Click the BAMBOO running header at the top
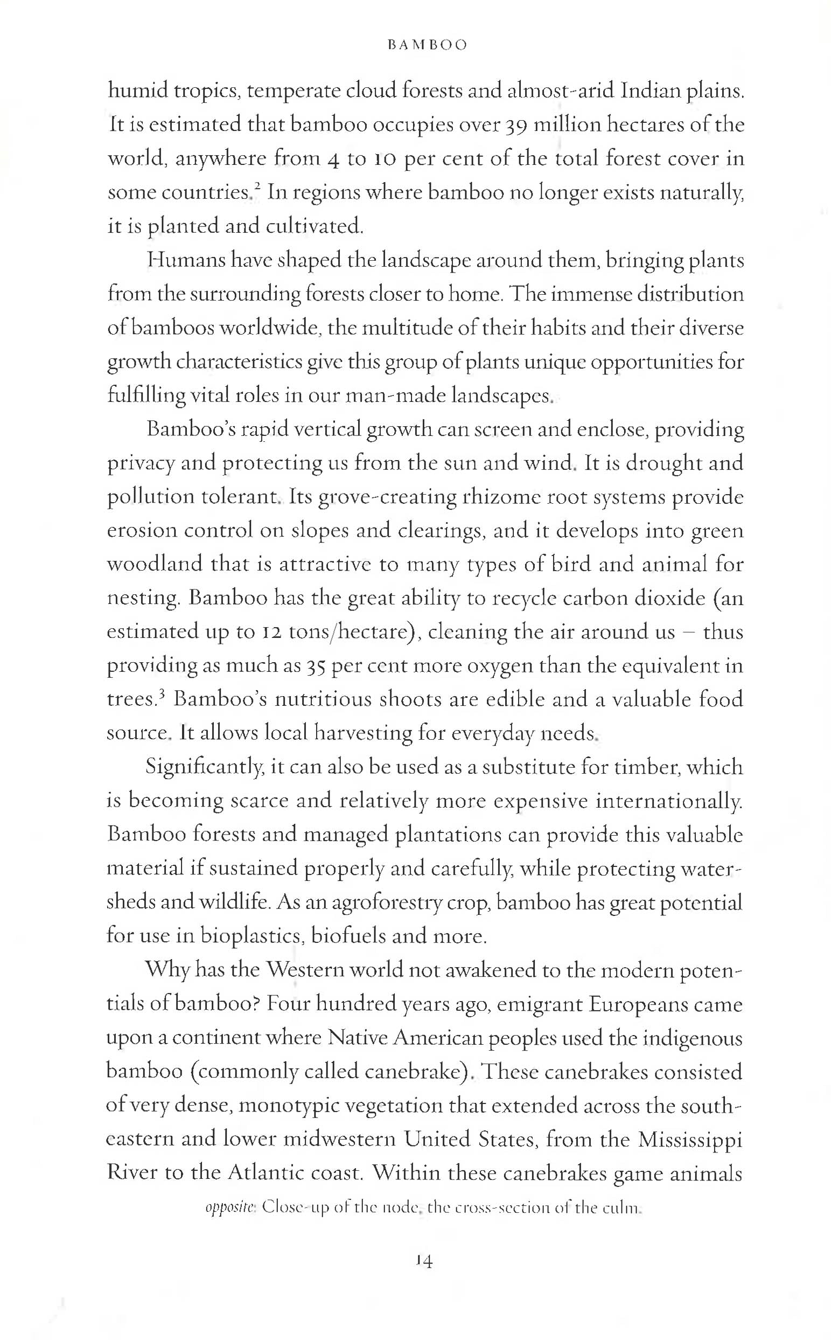click(427, 45)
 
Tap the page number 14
click(424, 1261)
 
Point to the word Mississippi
click(690, 1140)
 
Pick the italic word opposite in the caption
click(231, 1208)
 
